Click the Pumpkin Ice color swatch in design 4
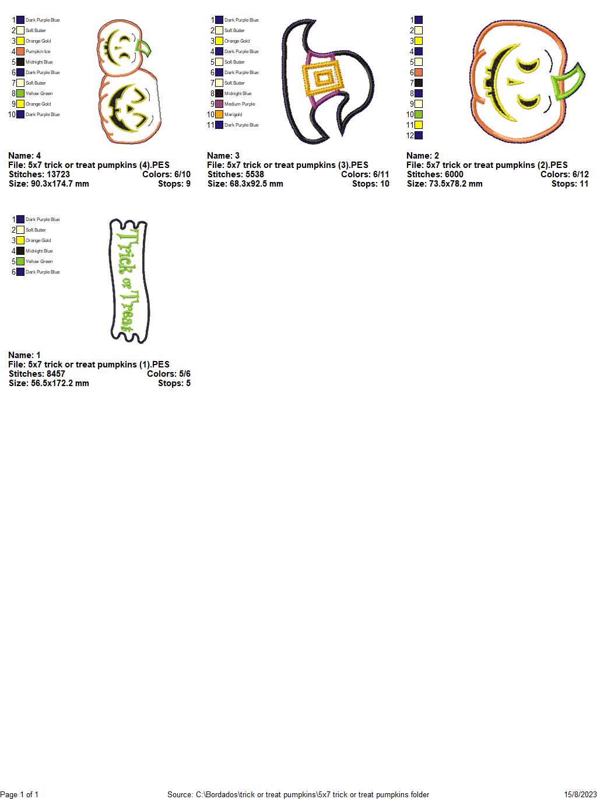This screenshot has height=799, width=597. (20, 51)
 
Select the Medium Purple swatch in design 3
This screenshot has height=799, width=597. (219, 104)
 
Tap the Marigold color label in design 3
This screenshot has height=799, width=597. (233, 114)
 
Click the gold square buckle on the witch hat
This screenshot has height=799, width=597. (322, 78)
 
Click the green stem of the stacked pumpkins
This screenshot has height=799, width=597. (143, 49)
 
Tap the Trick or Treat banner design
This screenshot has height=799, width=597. (129, 281)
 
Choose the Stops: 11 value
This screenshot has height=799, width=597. (570, 184)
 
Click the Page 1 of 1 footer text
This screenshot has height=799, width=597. (19, 794)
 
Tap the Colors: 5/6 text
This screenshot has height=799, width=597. (168, 374)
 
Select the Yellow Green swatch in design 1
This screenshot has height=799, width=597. (20, 261)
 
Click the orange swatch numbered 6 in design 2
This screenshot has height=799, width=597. (419, 72)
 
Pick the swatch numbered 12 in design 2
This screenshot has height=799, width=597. (419, 135)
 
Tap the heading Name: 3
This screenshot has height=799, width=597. (223, 156)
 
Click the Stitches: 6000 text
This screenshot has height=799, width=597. (435, 174)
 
